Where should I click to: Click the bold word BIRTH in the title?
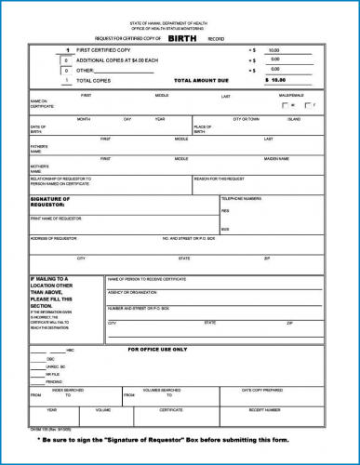(182, 38)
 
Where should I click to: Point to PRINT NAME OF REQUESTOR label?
(56, 218)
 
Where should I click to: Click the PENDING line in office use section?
(55, 381)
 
